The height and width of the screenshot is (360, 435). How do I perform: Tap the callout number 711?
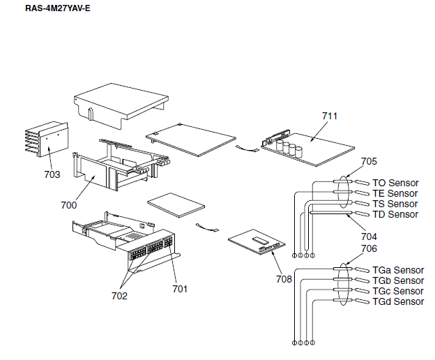pyautogui.click(x=330, y=116)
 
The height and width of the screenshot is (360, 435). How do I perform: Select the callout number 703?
pyautogui.click(x=52, y=174)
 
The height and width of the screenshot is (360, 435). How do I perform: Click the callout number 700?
pyautogui.click(x=69, y=205)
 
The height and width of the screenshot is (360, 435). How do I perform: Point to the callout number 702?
pyautogui.click(x=119, y=296)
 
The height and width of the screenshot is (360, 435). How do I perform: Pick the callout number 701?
pyautogui.click(x=180, y=287)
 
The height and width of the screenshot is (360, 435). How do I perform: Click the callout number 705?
pyautogui.click(x=369, y=162)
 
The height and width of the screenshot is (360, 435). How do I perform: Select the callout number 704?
pyautogui.click(x=369, y=236)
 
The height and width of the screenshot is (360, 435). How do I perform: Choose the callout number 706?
pyautogui.click(x=369, y=248)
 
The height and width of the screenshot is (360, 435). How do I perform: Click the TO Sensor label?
pyautogui.click(x=395, y=183)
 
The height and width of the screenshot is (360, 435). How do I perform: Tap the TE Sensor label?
pyautogui.click(x=395, y=193)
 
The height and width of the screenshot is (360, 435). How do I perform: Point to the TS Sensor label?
pyautogui.click(x=395, y=204)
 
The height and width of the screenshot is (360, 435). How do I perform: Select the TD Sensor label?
pyautogui.click(x=395, y=214)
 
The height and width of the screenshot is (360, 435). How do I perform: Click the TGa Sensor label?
pyautogui.click(x=398, y=270)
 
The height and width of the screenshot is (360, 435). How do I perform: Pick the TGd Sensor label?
pyautogui.click(x=398, y=301)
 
